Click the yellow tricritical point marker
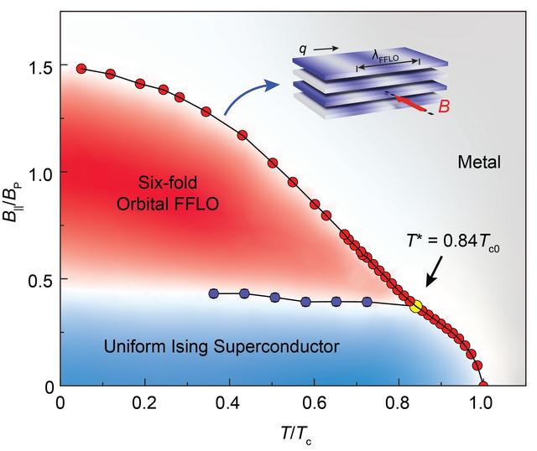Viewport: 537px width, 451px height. coord(414,304)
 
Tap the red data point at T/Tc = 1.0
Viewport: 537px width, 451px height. coord(483,386)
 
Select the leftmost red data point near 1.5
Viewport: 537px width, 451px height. coord(81,69)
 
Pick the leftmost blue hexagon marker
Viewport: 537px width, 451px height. coord(214,293)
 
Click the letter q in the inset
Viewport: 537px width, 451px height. coord(302,48)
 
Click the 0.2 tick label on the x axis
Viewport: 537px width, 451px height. coord(144,403)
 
